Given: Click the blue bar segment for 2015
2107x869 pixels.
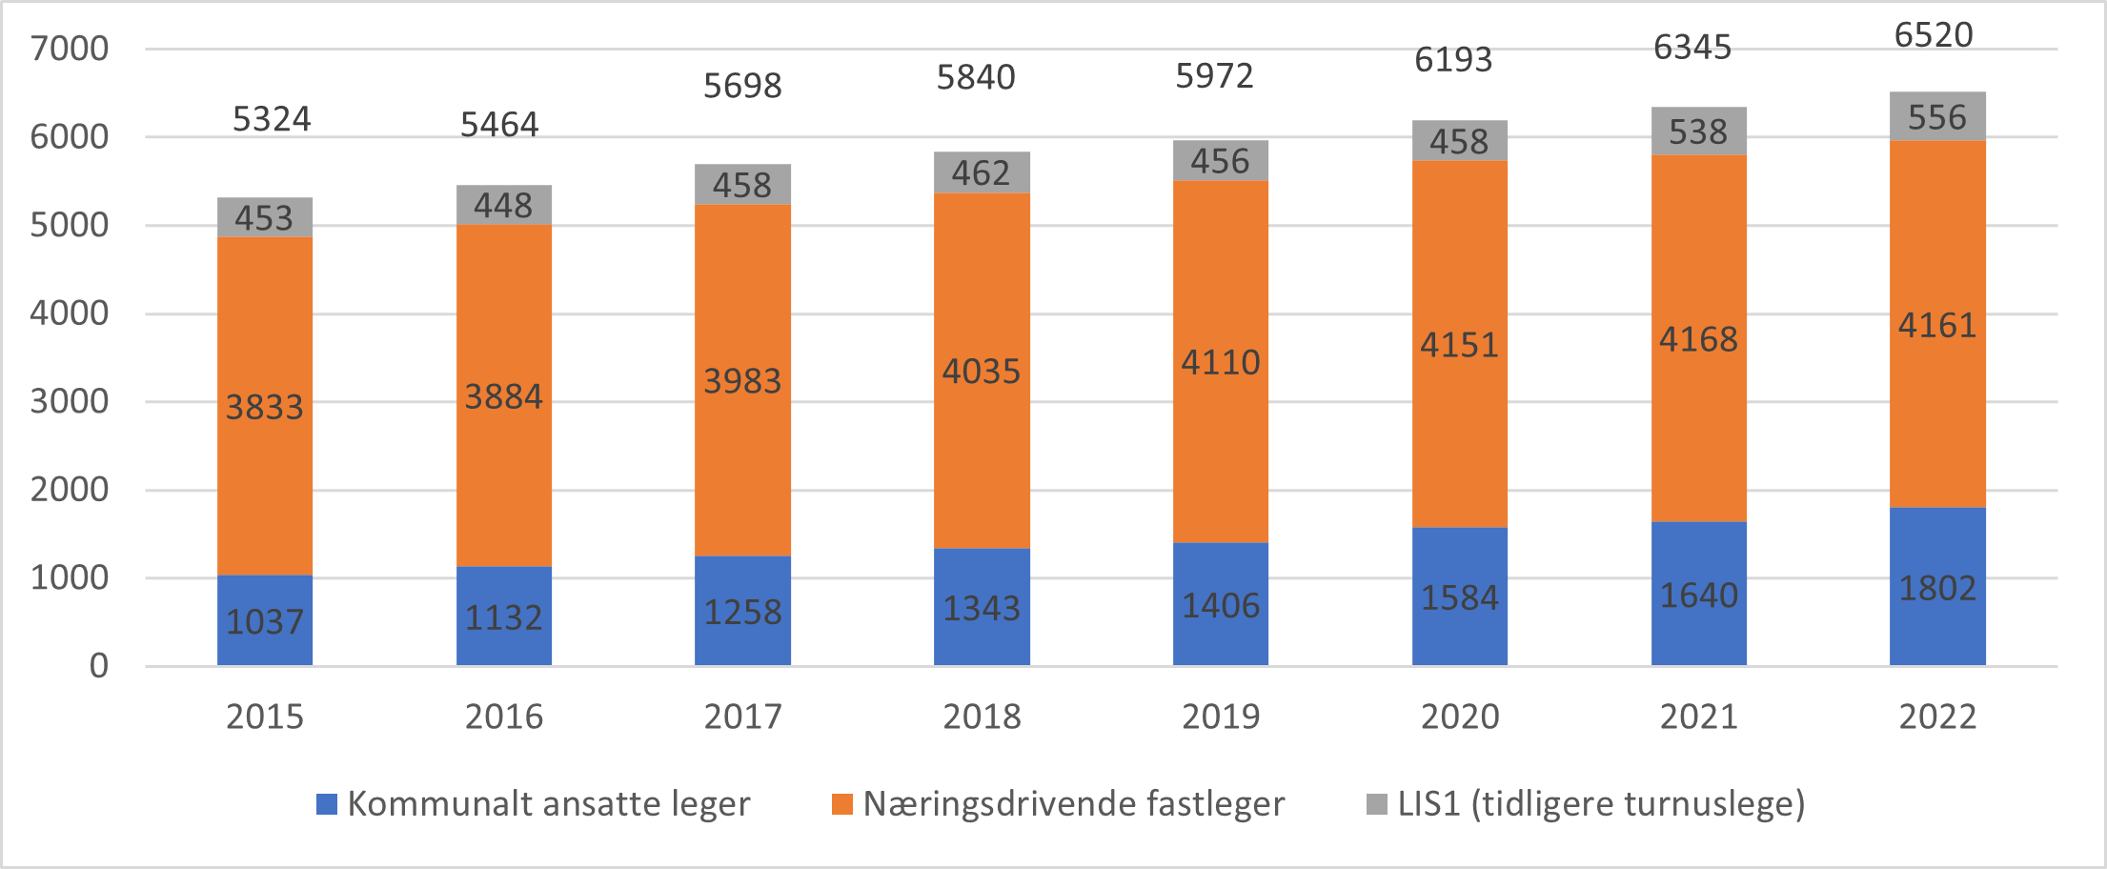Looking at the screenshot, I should [265, 619].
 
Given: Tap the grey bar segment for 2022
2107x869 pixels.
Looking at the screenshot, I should [1937, 117].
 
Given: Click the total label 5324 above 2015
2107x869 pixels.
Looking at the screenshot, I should [272, 119].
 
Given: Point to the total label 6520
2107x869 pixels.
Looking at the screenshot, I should [1934, 35].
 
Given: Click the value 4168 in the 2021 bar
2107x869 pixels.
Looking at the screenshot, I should [1698, 339].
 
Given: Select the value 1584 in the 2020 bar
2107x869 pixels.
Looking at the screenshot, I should [1460, 597].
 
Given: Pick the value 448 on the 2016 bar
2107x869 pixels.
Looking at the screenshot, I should [503, 205].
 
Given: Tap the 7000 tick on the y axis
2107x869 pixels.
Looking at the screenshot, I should [70, 49].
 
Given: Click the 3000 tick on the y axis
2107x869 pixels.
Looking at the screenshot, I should [70, 401].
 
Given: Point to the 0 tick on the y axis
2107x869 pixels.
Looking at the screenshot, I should [99, 666].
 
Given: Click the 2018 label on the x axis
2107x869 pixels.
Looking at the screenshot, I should [982, 717].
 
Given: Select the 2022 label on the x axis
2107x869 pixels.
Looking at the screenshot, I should [1937, 717].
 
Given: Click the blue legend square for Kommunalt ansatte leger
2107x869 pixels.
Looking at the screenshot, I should [327, 804].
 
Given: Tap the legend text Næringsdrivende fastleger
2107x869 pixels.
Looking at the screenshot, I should [1074, 804].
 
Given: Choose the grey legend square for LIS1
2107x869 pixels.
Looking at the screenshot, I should [1376, 804].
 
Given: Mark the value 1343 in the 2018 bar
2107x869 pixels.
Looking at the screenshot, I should [982, 608].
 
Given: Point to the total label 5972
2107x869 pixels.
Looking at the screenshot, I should [1214, 76].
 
